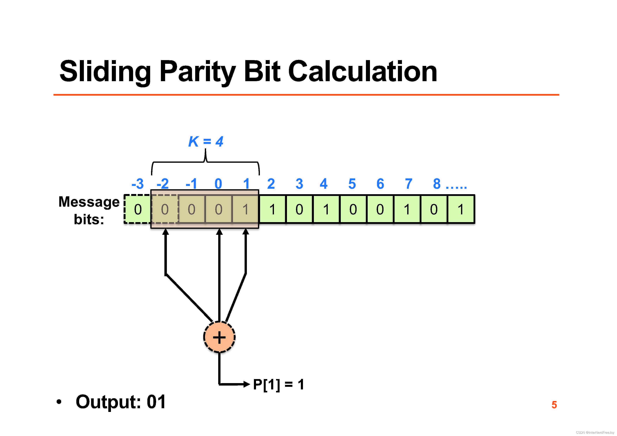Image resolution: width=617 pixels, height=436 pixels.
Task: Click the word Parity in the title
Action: pos(197,72)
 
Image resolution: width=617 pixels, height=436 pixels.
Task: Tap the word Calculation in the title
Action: pos(363,72)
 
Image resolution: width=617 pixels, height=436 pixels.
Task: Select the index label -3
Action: pos(138,184)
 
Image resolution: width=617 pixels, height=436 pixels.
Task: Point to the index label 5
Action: pos(352,184)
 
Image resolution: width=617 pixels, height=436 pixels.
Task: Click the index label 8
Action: pos(437,184)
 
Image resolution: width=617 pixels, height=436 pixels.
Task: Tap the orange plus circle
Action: pos(219,337)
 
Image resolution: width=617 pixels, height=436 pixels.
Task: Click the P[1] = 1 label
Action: pos(278,384)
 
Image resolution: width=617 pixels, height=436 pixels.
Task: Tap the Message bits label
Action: pos(89,210)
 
